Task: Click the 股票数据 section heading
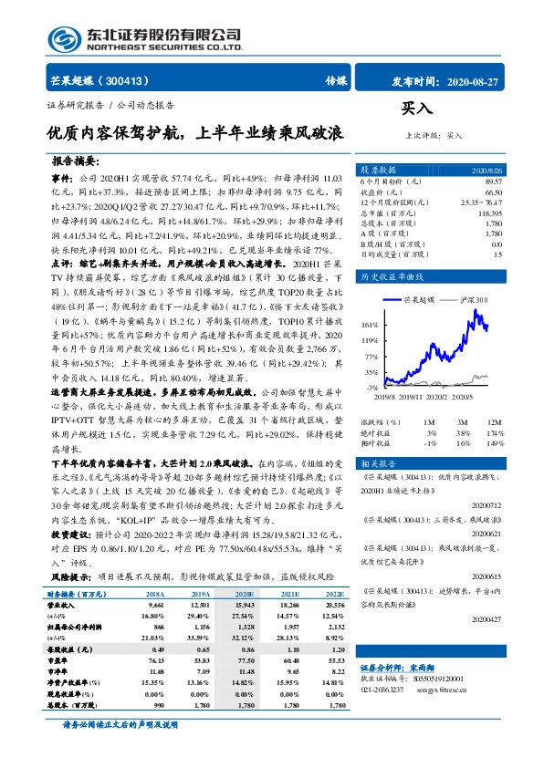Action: (x=378, y=171)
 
